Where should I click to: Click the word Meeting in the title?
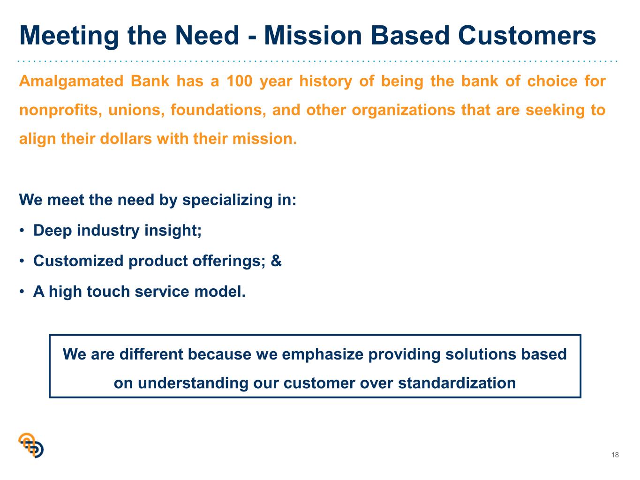click(x=69, y=36)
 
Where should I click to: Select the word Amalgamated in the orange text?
click(x=71, y=82)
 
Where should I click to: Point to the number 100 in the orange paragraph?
click(x=240, y=81)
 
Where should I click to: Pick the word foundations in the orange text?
click(x=218, y=110)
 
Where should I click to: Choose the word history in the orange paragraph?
click(x=326, y=82)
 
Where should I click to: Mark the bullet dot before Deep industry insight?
click(x=22, y=231)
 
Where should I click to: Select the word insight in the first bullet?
click(x=173, y=231)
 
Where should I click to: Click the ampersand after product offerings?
click(x=276, y=261)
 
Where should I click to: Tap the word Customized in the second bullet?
click(x=78, y=261)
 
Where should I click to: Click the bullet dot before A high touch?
click(x=22, y=292)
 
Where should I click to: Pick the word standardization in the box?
click(x=457, y=383)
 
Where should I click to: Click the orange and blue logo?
click(x=31, y=445)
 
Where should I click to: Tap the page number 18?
click(x=615, y=455)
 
